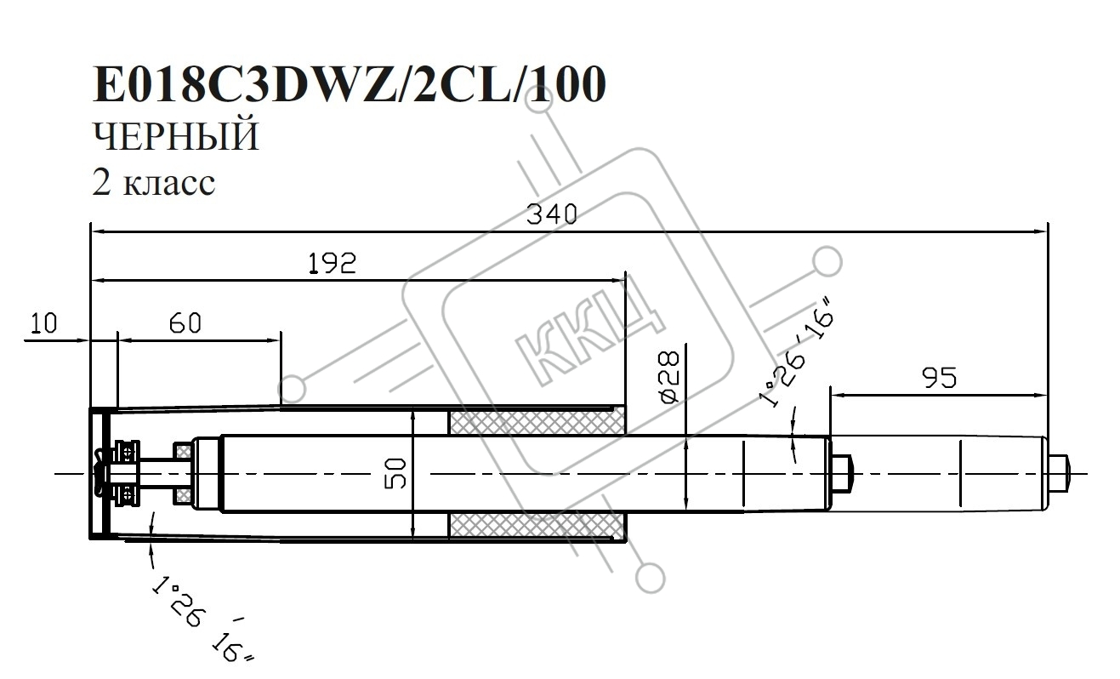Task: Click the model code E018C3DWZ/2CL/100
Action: click(350, 84)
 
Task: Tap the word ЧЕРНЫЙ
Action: click(176, 136)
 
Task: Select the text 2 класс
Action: click(154, 182)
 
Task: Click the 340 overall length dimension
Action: click(552, 214)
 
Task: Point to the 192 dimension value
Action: click(332, 263)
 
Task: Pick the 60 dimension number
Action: click(185, 322)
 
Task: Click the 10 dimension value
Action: click(44, 322)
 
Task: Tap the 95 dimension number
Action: click(939, 378)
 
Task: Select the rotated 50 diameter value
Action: click(395, 473)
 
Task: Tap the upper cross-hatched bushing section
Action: click(537, 421)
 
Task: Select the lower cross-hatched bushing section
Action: click(537, 526)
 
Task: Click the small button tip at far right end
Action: click(1059, 473)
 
